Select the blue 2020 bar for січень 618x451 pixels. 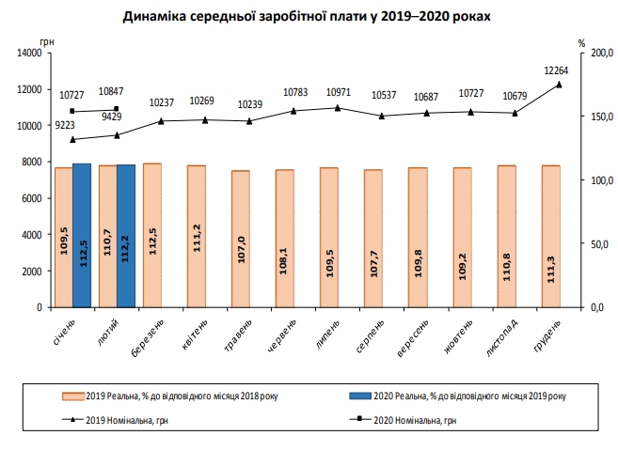[82, 235]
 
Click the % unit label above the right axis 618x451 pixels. [582, 43]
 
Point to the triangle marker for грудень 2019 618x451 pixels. [559, 85]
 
